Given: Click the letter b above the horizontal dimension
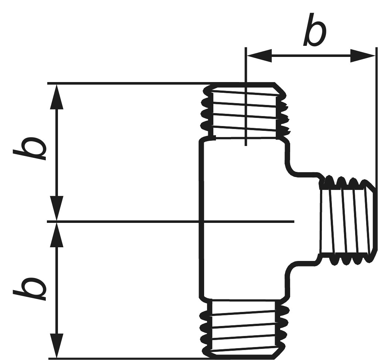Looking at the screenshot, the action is point(315,30).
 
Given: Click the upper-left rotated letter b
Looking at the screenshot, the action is point(30,148).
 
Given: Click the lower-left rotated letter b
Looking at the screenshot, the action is point(30,289).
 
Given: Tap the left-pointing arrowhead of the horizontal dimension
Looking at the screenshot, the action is point(259,56).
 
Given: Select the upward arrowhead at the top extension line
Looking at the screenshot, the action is point(56,96).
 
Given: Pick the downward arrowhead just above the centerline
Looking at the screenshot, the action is point(56,208).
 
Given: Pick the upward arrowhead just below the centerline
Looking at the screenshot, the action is point(56,234).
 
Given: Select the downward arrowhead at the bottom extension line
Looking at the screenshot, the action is point(56,346).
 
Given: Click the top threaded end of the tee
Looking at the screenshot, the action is point(245,111).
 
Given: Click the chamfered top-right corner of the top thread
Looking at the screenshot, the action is point(280,88).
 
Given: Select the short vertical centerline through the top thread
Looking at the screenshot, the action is point(245,96).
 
